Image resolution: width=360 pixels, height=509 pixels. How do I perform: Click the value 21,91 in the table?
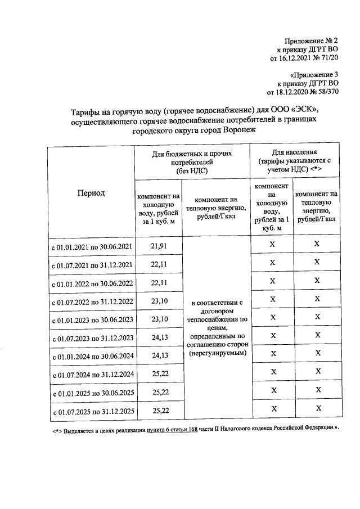160,246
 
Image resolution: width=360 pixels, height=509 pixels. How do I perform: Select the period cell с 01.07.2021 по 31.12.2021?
92,265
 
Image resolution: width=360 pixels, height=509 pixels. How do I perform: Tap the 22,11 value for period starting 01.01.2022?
160,283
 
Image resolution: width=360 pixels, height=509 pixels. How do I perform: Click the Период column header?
91,192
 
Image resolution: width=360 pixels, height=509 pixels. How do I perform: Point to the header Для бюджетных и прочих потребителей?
193,161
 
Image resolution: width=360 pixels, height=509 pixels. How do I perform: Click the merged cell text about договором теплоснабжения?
217,327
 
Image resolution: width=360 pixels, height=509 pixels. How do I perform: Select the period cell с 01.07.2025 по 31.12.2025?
92,412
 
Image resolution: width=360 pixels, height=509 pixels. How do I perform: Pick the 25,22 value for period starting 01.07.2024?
160,374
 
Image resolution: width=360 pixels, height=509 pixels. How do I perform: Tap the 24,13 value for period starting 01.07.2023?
160,337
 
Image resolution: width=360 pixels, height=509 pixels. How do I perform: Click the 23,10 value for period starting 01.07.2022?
160,301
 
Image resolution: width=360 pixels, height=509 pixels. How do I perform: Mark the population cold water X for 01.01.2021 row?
272,244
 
